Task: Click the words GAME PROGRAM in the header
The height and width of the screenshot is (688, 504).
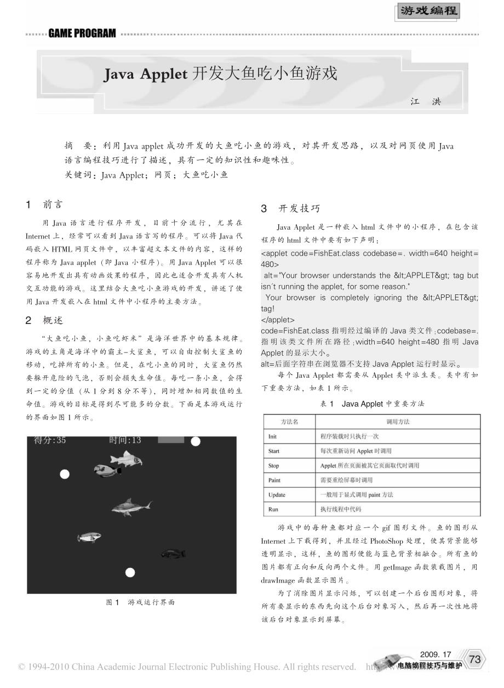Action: coord(82,34)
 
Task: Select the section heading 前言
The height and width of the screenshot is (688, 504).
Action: coord(53,204)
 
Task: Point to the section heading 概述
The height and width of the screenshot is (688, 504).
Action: coord(53,320)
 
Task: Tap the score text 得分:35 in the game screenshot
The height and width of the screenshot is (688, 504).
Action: coord(50,440)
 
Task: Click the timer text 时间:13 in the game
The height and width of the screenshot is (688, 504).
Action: coord(125,440)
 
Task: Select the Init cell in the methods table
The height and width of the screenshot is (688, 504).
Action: coord(273,436)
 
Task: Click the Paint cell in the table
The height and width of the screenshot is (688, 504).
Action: coord(274,480)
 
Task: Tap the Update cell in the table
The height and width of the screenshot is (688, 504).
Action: coord(277,494)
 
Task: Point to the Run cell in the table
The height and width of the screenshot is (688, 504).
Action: coord(273,509)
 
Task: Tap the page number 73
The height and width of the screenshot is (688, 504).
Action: coord(474,659)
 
